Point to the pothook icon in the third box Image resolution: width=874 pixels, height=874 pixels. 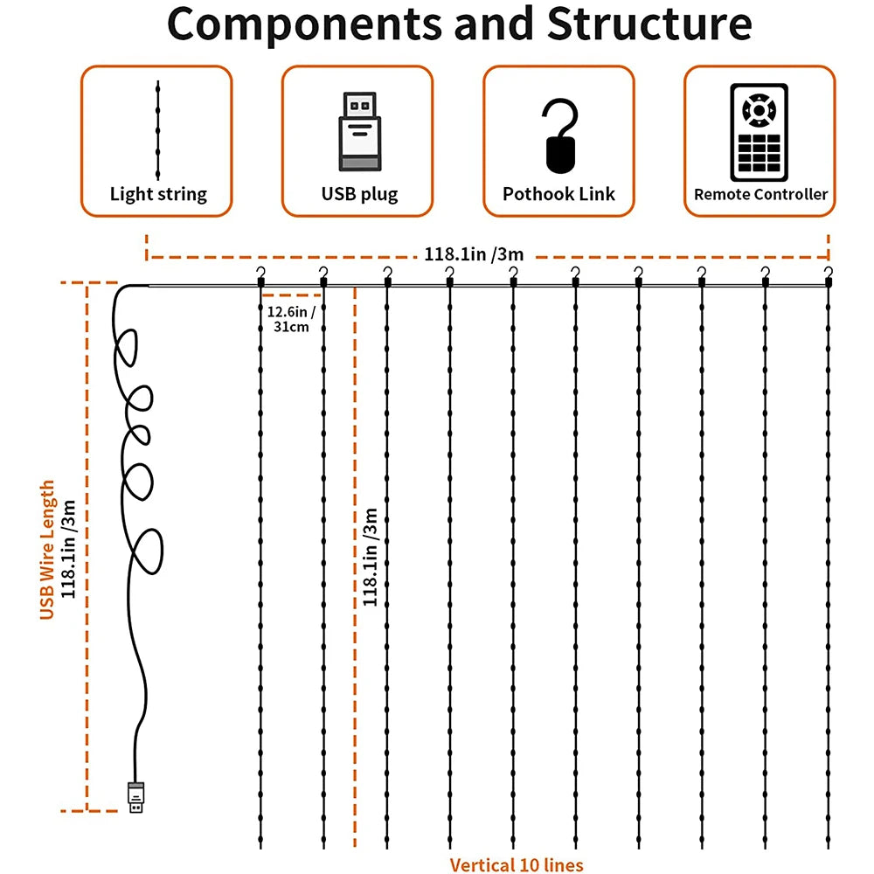[559, 135]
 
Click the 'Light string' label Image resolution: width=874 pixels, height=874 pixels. [158, 194]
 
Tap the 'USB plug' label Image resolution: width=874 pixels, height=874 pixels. [358, 194]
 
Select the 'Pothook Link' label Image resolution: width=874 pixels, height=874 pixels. [559, 194]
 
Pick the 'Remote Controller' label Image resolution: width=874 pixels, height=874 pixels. [760, 194]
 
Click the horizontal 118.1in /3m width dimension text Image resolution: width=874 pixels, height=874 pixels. [474, 255]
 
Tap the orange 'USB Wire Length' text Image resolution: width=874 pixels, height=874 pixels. [48, 550]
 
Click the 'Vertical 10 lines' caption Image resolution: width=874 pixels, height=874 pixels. [516, 865]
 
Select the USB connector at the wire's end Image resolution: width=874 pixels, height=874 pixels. [135, 796]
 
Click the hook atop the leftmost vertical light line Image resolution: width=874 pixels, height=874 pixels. [260, 276]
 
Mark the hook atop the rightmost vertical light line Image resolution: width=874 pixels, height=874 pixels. [829, 276]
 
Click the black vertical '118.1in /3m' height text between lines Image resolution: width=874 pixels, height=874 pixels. [371, 556]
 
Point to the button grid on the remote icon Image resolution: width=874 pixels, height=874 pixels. [759, 154]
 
